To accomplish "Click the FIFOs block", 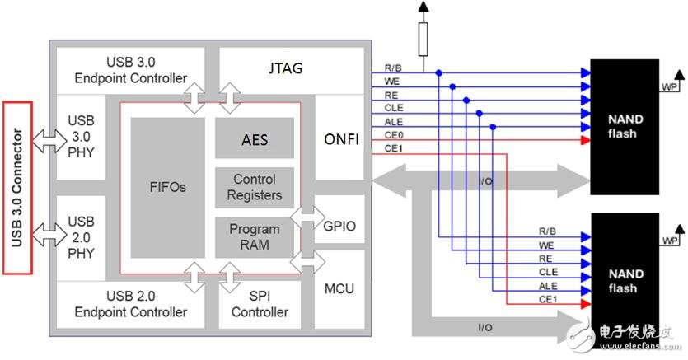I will point(167,187).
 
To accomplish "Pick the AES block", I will point(255,140).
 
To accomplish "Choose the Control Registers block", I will point(255,187).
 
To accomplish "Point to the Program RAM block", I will point(255,236).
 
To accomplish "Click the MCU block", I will point(339,289).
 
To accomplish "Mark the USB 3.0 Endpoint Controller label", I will point(130,70).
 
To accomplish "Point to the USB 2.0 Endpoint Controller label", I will point(130,304).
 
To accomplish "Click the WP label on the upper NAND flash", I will point(671,85).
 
